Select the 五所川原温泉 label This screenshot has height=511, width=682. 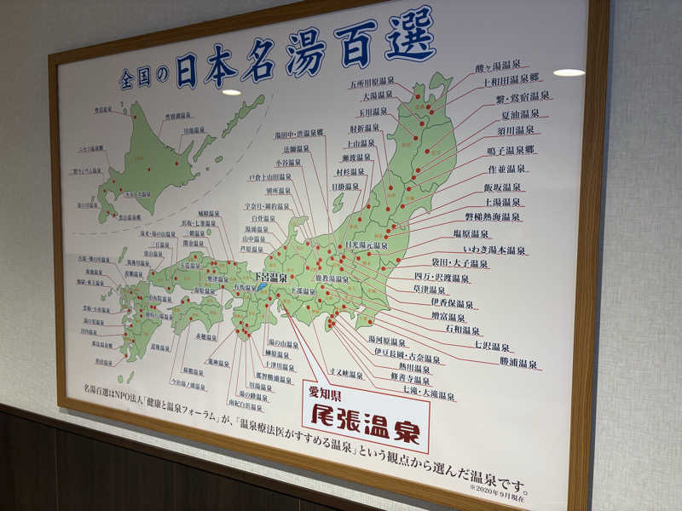point(372,83)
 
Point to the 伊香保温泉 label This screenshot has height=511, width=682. point(452,303)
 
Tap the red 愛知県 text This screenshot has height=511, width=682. point(324,393)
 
